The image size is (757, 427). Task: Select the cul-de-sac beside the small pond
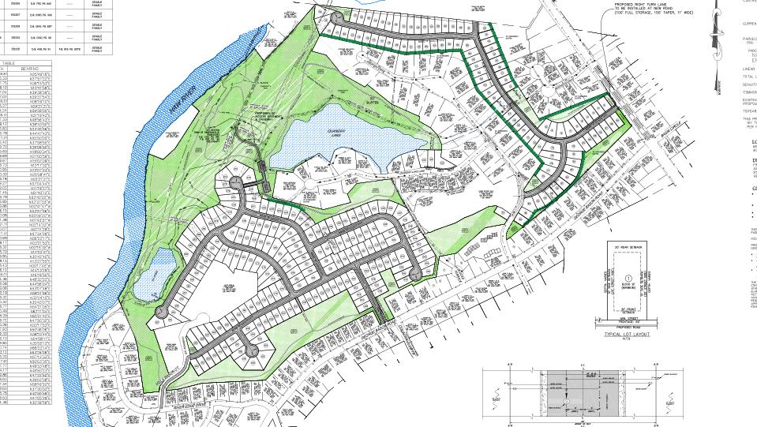[x=161, y=313]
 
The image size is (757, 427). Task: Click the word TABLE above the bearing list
[x=9, y=62]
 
